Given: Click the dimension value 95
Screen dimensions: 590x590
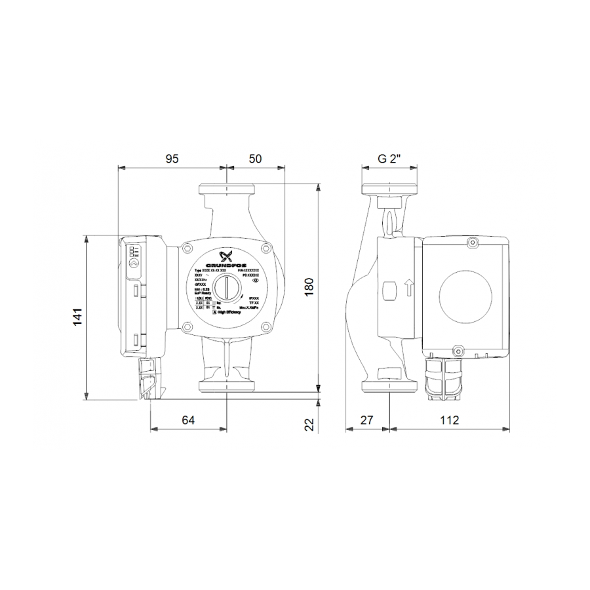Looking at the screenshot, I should click(x=172, y=159).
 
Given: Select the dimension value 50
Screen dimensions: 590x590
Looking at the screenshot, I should click(x=255, y=159).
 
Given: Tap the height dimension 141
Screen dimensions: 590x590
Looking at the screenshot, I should click(x=77, y=316).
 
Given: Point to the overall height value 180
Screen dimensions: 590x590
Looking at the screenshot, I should click(x=309, y=287).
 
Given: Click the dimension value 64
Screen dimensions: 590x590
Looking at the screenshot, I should click(x=188, y=420).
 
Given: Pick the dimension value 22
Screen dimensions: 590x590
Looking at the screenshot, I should click(x=309, y=424).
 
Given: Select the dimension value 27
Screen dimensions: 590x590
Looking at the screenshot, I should click(x=367, y=420).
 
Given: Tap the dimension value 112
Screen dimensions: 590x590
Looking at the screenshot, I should click(x=449, y=420).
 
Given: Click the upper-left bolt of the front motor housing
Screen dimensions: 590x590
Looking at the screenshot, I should click(x=187, y=248).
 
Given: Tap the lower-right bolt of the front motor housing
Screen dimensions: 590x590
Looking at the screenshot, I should click(x=265, y=327).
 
